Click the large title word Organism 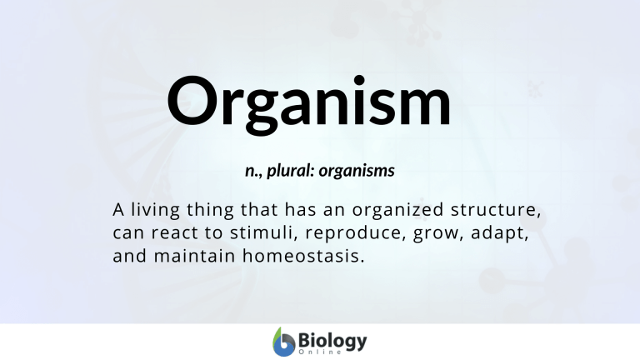[309, 105]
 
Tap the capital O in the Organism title [191, 100]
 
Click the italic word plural [290, 171]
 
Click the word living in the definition [156, 210]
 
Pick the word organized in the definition [398, 210]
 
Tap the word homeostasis [303, 256]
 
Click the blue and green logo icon [283, 342]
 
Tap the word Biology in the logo [332, 341]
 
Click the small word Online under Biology [320, 352]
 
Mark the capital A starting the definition [118, 210]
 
